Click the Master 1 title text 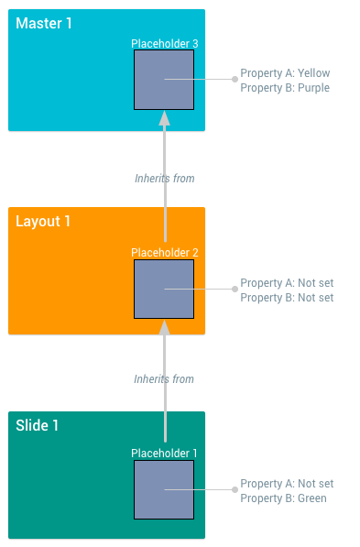point(44,23)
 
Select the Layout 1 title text point(43,221)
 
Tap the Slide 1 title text point(38,425)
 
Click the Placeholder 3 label point(164,43)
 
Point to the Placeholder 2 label point(164,253)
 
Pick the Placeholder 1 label point(164,453)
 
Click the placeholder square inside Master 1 point(164,80)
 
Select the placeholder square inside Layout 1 point(164,289)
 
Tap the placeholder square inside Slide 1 point(164,489)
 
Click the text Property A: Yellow point(285,73)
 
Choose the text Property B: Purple point(285,88)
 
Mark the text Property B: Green point(283,498)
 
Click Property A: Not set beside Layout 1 point(287,283)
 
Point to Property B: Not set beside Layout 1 point(287,298)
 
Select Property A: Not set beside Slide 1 point(287,484)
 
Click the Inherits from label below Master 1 point(164,179)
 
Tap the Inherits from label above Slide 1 point(164,379)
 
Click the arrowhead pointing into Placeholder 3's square point(165,117)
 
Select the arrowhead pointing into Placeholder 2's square point(165,326)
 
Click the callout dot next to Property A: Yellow point(235,79)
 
